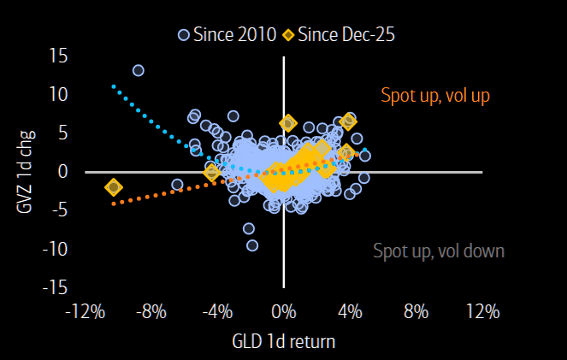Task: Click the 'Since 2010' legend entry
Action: point(227,35)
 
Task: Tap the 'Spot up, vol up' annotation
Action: point(435,96)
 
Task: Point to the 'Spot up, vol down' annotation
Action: point(439,251)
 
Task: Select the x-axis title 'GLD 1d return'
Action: point(284,341)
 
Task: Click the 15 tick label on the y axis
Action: point(58,56)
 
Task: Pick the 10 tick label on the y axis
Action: point(58,94)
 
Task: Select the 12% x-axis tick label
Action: point(482,311)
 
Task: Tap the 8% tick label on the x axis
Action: point(416,311)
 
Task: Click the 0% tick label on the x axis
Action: point(284,311)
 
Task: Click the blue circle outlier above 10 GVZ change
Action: point(138,70)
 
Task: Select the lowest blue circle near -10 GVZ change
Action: point(252,245)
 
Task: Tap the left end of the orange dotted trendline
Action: point(114,204)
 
